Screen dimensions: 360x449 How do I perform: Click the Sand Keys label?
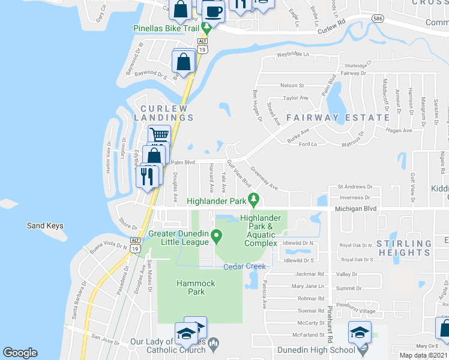[45, 226]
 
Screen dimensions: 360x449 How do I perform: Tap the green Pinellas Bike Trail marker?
[206, 28]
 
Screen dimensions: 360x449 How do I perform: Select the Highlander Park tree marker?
[254, 199]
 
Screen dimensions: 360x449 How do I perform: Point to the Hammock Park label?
[190, 287]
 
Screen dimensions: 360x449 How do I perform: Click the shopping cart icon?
[159, 136]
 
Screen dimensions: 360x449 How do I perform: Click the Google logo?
[20, 353]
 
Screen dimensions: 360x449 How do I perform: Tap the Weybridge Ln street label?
[292, 55]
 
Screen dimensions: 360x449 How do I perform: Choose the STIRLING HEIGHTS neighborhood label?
[403, 248]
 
